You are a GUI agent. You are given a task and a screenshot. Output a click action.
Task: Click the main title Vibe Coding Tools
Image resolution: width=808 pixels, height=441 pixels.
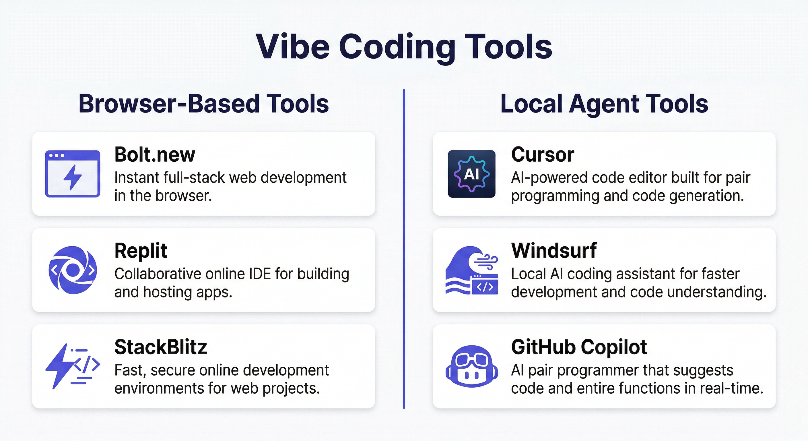[x=404, y=47]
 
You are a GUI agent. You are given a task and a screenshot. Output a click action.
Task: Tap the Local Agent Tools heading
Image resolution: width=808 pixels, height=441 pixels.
[x=604, y=104]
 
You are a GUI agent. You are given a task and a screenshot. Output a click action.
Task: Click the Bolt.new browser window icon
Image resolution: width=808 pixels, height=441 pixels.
[x=73, y=174]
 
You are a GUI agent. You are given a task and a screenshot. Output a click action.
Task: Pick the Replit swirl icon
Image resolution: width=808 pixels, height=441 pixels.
[x=73, y=270]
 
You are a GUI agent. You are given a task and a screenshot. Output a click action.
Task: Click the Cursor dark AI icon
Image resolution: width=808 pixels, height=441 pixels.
[x=471, y=174]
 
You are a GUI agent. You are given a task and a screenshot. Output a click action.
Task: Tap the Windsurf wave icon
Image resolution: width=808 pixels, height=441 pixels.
[x=471, y=270]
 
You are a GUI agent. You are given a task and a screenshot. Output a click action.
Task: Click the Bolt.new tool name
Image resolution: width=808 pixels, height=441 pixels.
[x=155, y=154]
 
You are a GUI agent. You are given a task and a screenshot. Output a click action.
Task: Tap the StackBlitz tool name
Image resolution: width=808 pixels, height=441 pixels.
[x=161, y=347]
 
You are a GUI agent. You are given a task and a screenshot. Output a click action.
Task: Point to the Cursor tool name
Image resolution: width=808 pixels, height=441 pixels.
[x=543, y=154]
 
